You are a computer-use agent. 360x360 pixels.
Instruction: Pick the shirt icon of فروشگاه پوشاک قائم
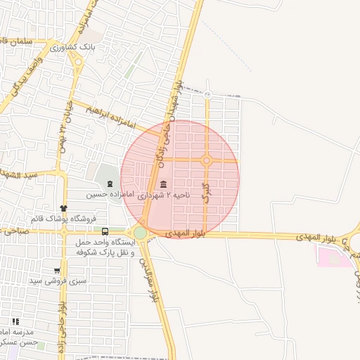coord(64,208)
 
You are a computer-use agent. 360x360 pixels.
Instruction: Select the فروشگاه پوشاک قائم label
coord(63,218)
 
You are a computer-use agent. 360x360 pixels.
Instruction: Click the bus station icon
coord(105,231)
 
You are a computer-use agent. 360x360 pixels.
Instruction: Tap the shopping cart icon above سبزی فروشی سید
coord(57,271)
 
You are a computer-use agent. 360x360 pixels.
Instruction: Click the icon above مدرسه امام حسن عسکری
coord(15,321)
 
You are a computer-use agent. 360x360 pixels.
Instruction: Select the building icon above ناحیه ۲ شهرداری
coord(164,184)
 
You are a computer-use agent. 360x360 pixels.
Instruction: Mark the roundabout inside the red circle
coord(206,160)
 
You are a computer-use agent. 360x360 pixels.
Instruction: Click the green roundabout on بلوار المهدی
coord(140,232)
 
